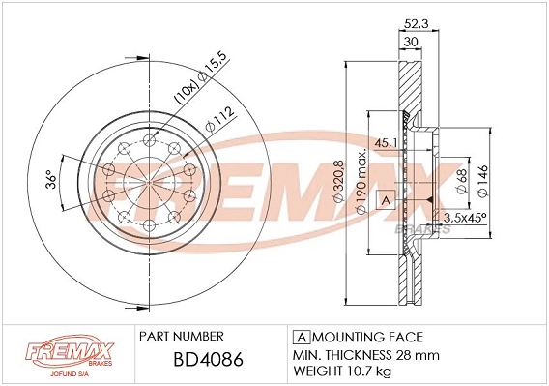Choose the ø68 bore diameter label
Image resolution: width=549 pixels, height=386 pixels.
pyautogui.click(x=463, y=182)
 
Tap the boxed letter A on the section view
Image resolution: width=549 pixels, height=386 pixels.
pyautogui.click(x=385, y=201)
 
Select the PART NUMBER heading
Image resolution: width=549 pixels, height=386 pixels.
pyautogui.click(x=182, y=336)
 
